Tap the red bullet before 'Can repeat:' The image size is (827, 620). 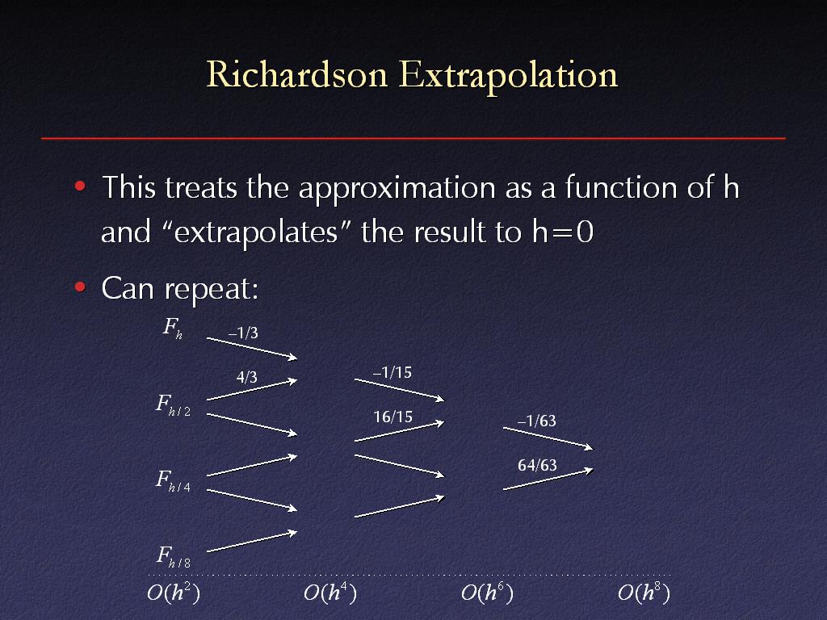[x=80, y=287]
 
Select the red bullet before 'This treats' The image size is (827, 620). [x=80, y=186]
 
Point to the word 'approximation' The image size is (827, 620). [x=397, y=188]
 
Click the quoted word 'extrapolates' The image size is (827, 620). [x=256, y=232]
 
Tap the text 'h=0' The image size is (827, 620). [x=563, y=232]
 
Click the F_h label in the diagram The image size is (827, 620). [x=173, y=328]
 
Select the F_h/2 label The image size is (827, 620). [x=173, y=405]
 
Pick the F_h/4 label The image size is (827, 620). [x=173, y=481]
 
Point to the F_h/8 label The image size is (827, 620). [x=173, y=557]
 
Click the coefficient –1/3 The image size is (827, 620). [x=243, y=333]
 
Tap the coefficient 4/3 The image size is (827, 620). [x=247, y=377]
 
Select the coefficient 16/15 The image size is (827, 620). [x=393, y=417]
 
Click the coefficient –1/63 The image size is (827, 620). [x=537, y=421]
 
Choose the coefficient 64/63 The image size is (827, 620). [x=537, y=465]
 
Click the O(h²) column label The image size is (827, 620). [x=174, y=593]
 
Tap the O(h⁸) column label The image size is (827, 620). [x=644, y=593]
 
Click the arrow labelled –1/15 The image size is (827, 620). [x=399, y=390]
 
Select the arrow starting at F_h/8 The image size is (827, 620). [x=252, y=542]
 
